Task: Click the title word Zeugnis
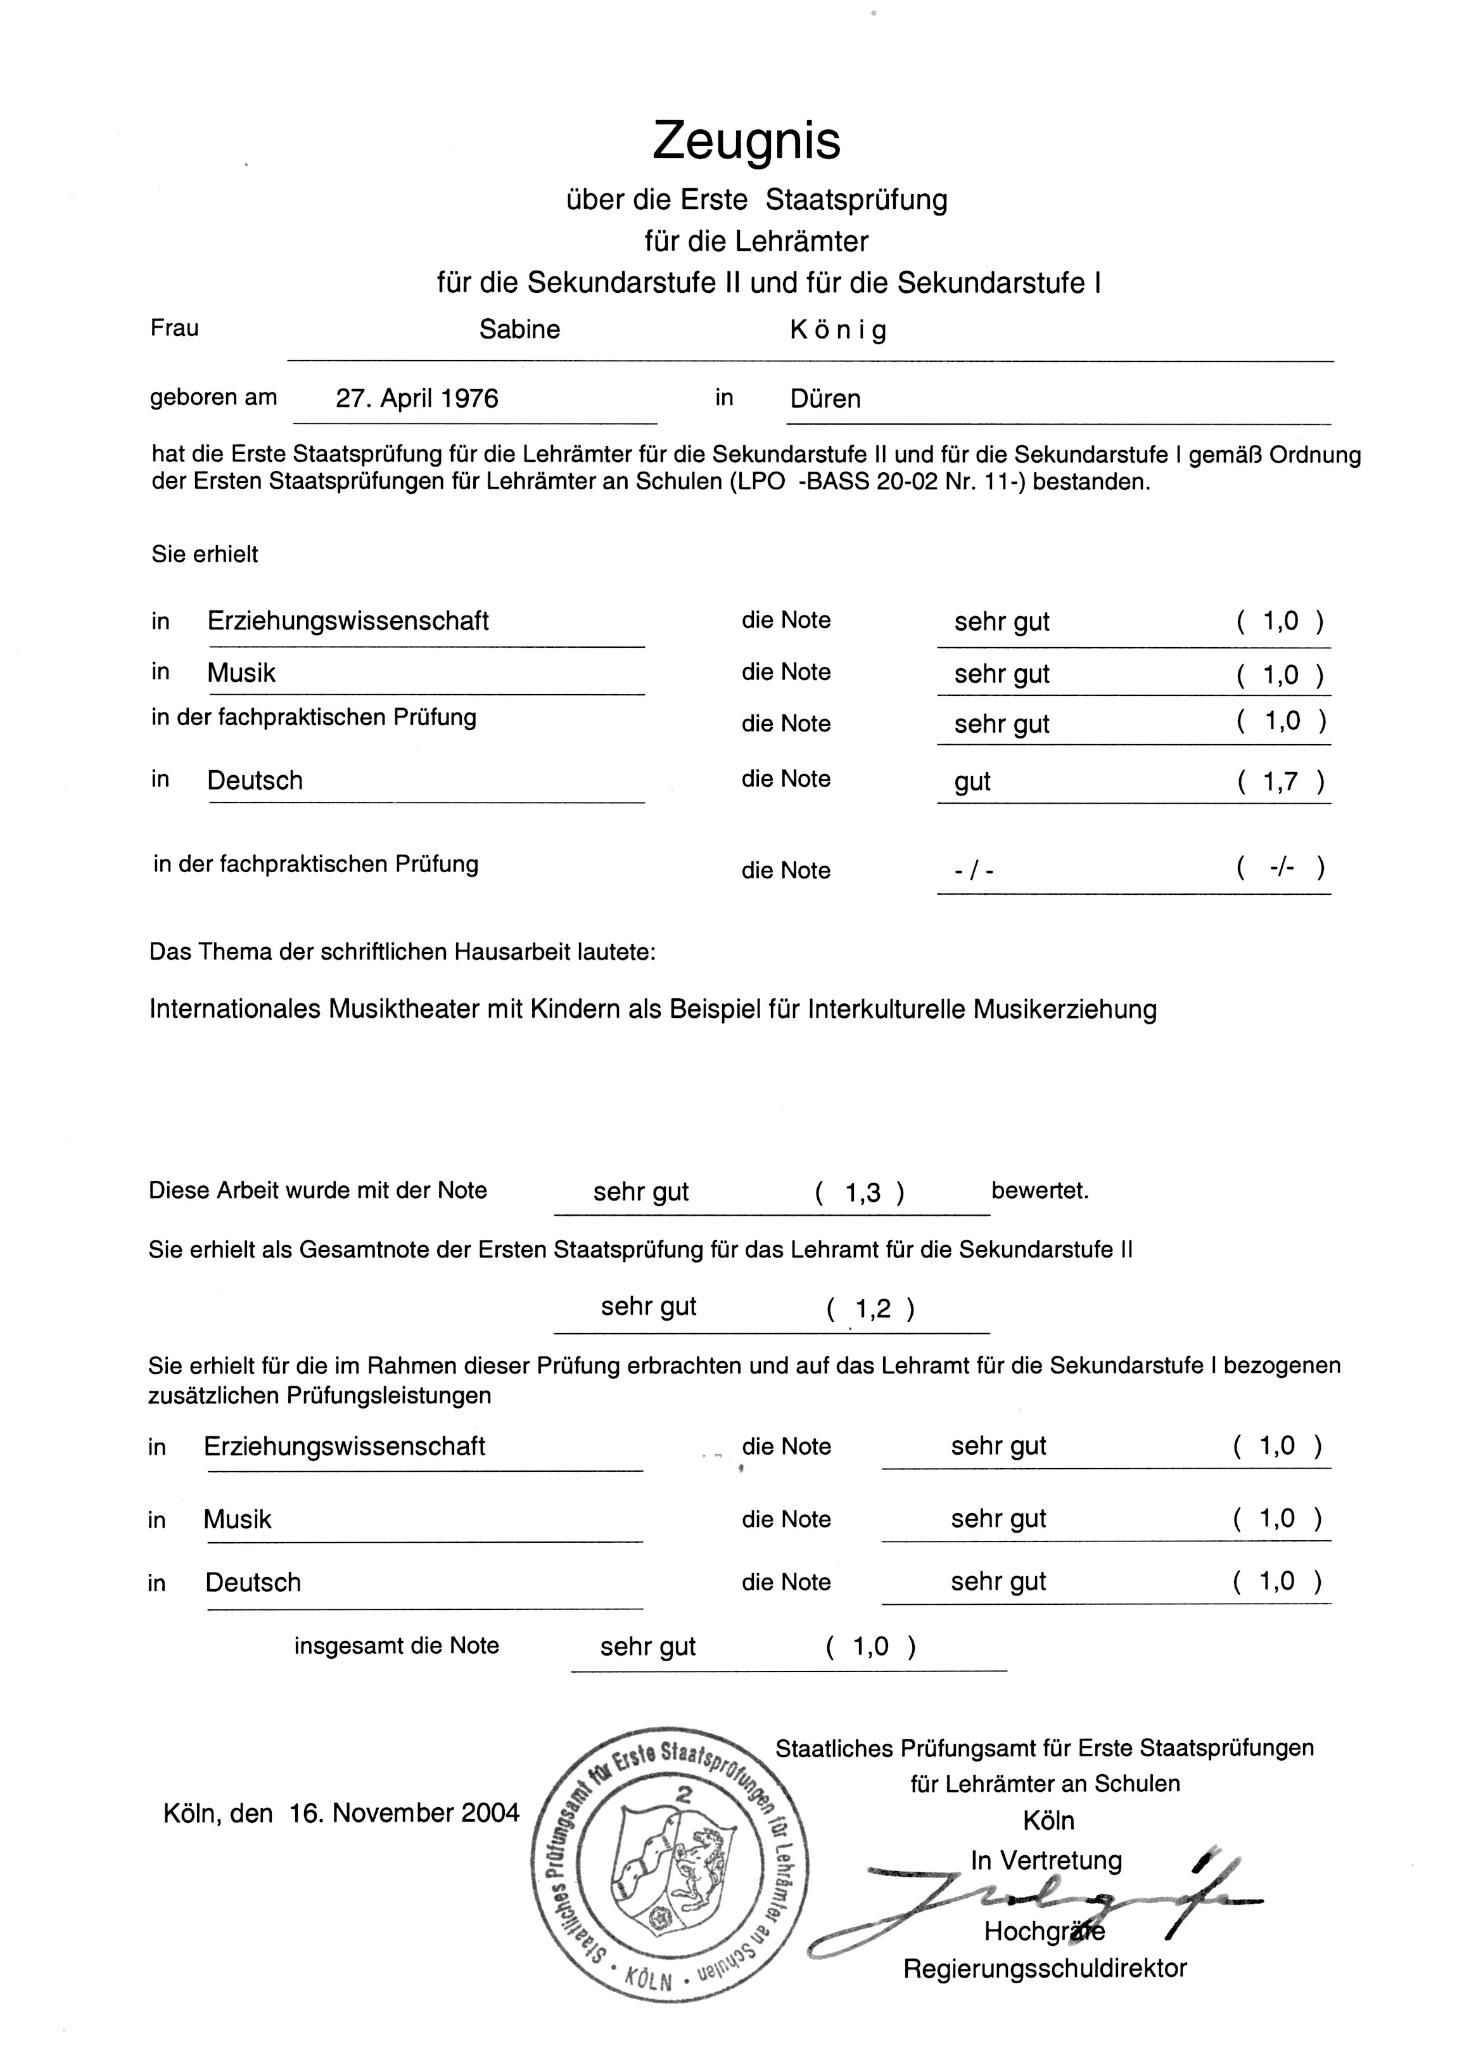click(746, 141)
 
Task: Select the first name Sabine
click(519, 330)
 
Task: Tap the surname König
click(838, 330)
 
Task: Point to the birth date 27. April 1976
click(417, 399)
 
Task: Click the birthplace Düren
click(825, 399)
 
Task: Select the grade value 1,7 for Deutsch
click(1280, 782)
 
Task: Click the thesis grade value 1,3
click(863, 1193)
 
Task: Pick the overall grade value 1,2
click(873, 1310)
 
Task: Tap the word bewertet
click(1040, 1191)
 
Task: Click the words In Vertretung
click(1046, 1861)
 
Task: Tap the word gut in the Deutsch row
click(972, 782)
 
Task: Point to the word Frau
click(175, 328)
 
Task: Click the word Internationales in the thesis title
click(235, 1010)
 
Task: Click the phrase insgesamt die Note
click(397, 1645)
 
